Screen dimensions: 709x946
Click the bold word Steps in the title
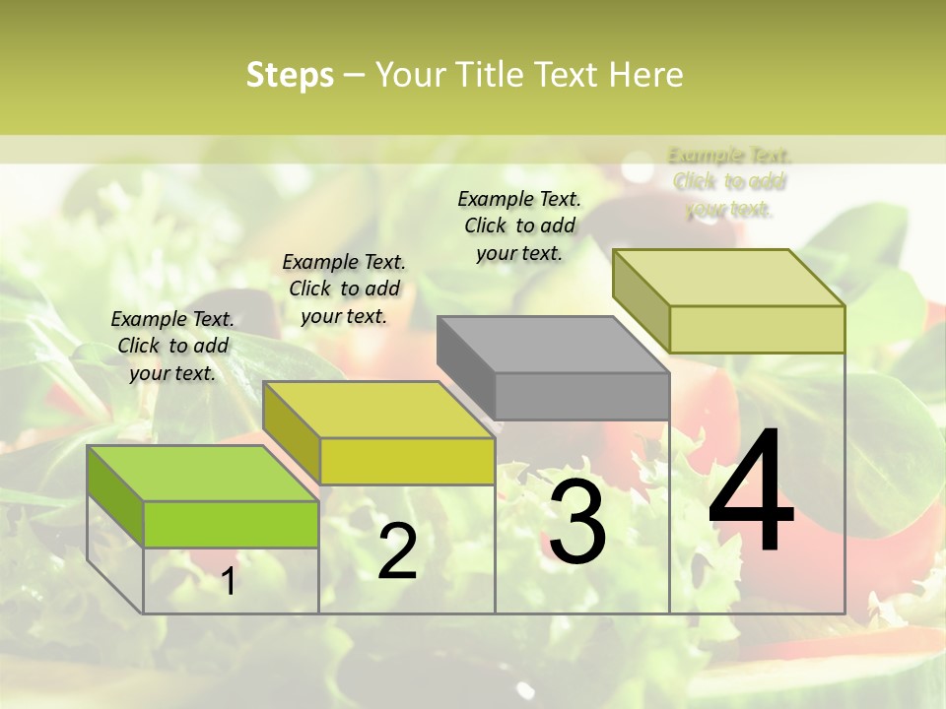point(290,75)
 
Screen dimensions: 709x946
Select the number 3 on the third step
point(576,523)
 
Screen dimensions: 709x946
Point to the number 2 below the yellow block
point(397,551)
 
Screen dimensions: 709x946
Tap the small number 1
point(228,581)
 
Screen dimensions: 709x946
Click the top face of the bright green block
point(202,473)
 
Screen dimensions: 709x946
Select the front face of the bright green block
point(231,524)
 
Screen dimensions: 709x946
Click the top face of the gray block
point(553,345)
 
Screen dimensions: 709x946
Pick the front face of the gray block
point(581,396)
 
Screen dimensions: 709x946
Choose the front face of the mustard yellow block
point(406,461)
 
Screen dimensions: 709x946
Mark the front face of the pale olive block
point(756,329)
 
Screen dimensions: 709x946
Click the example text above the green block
point(172,346)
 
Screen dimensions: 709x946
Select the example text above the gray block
point(519,226)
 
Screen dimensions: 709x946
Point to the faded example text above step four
point(729,182)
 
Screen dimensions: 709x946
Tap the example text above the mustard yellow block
point(344,289)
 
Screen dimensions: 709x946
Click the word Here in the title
point(645,75)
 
